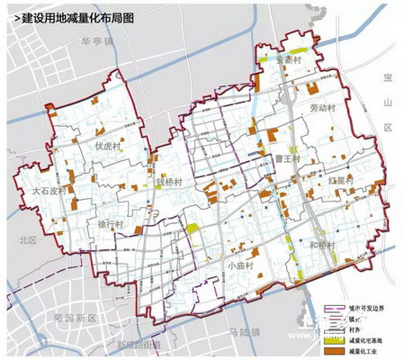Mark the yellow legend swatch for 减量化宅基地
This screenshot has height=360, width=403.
(x=335, y=341)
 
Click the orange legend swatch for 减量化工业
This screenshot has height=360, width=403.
(x=335, y=352)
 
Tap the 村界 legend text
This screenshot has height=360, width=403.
(x=357, y=330)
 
